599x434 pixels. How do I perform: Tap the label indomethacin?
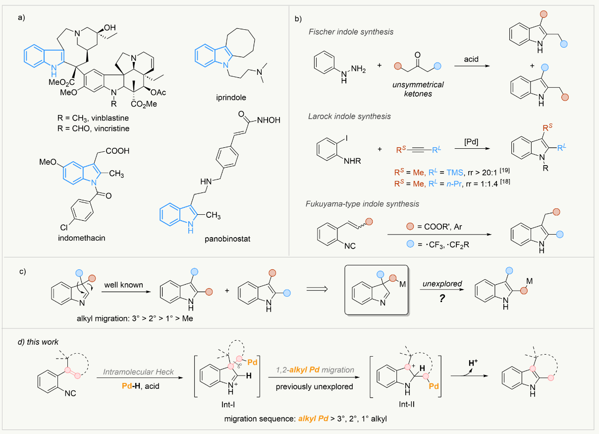82,238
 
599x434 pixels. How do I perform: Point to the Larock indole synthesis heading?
349,117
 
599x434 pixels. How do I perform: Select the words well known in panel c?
123,285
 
